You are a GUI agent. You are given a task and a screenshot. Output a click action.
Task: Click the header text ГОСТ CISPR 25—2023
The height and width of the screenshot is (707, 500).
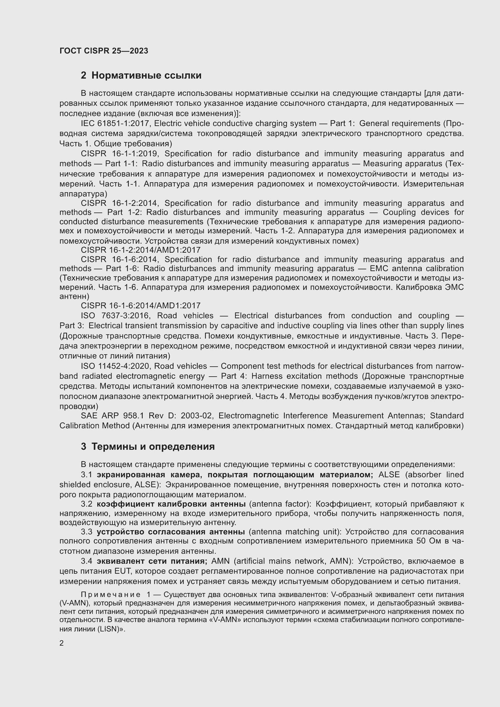click(104, 51)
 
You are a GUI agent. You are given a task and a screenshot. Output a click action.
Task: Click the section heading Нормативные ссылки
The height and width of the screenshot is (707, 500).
click(146, 76)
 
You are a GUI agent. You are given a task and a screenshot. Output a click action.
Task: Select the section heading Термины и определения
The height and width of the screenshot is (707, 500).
click(153, 446)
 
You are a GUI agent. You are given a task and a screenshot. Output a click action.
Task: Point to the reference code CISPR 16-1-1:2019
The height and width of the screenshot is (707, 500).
click(119, 154)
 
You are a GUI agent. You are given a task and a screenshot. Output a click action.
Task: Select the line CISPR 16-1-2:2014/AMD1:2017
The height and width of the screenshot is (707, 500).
click(140, 250)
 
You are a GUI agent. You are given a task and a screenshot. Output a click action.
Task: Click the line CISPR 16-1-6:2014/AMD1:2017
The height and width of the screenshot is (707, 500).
click(140, 306)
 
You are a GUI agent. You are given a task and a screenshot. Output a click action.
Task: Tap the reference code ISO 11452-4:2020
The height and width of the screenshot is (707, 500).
click(116, 366)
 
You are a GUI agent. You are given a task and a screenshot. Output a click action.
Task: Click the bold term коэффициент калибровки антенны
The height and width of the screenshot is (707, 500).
click(171, 504)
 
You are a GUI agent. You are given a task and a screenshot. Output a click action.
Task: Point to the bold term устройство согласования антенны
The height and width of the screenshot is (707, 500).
click(170, 532)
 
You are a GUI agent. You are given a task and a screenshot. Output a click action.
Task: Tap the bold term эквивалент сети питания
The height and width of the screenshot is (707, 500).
click(152, 561)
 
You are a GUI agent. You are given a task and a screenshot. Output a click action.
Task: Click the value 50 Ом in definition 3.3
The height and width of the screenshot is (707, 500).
click(428, 541)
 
